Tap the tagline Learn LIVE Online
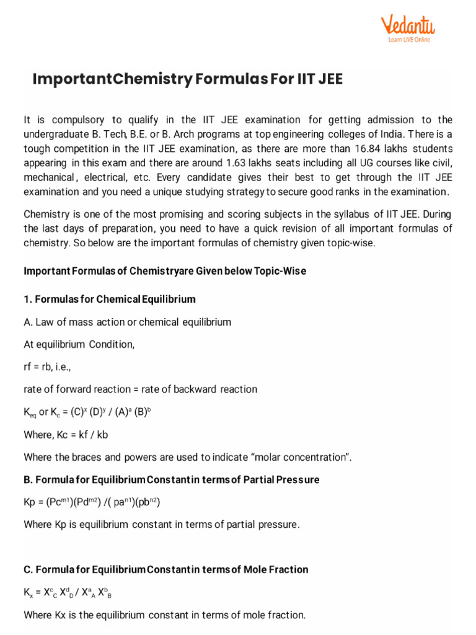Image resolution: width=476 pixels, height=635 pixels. point(409,40)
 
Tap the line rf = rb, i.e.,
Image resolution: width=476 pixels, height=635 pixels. point(47,367)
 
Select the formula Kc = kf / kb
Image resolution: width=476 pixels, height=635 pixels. point(81,435)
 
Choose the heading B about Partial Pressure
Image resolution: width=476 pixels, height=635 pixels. point(172,480)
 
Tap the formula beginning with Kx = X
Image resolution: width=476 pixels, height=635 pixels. point(68,593)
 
